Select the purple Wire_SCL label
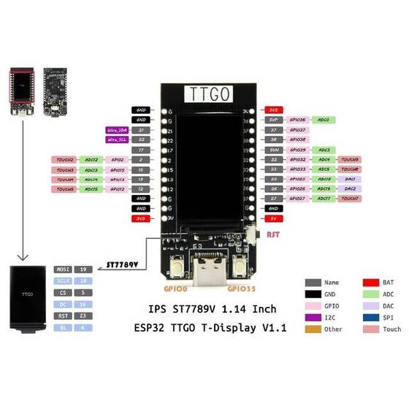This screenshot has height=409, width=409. [x=118, y=139]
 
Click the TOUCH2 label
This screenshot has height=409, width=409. [x=61, y=159]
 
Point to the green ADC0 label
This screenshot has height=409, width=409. [x=323, y=119]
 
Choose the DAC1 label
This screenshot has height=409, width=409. [x=350, y=179]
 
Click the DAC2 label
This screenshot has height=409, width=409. [x=350, y=188]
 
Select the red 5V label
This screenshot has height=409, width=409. [x=273, y=218]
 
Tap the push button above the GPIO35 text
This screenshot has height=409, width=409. [x=235, y=267]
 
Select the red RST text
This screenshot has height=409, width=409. [x=272, y=235]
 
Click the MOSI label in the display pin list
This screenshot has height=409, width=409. [x=62, y=269]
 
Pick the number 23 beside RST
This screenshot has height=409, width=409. [x=85, y=316]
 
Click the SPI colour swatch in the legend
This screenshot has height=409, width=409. [x=370, y=317]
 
